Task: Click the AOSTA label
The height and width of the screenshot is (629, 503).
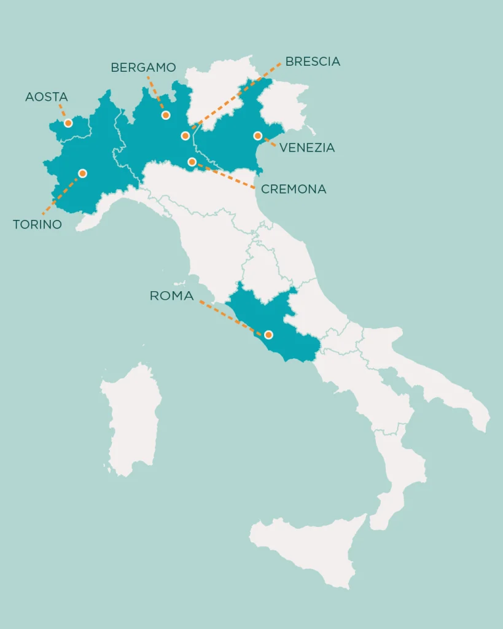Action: point(47,97)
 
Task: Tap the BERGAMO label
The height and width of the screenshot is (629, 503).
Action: point(143,68)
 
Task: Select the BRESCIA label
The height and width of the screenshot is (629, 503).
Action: point(313,61)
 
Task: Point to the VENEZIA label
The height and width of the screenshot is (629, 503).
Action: point(307,148)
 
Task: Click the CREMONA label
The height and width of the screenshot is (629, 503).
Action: point(294,190)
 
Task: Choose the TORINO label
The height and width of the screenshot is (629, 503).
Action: point(37,225)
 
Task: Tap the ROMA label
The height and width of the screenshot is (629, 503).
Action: point(171,296)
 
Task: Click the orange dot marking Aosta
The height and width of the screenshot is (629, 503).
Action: point(68,123)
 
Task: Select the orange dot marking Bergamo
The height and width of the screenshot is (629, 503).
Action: point(165,115)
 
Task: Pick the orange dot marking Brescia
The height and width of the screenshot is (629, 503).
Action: point(185,136)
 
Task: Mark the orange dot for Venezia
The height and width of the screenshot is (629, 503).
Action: point(258,136)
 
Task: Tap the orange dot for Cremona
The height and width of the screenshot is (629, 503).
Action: point(192,162)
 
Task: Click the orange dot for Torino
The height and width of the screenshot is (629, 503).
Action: point(83,173)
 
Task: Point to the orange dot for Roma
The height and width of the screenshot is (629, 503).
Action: point(268,335)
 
